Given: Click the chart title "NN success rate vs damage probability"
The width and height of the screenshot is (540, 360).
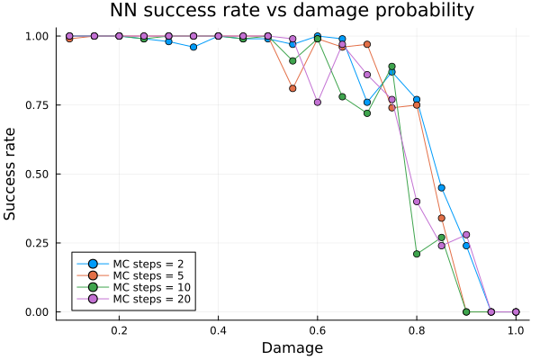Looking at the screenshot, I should click(292, 12).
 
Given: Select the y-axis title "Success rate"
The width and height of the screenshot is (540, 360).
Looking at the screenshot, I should click(11, 174).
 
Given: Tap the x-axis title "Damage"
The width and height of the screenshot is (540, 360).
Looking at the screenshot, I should click(292, 347).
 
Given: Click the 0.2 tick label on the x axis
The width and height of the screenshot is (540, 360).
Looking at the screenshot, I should click(119, 330).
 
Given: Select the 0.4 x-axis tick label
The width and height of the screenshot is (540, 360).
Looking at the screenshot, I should click(218, 330).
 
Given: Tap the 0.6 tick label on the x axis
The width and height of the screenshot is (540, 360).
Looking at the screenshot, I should click(317, 330).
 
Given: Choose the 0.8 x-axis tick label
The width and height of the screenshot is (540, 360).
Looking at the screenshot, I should click(417, 330).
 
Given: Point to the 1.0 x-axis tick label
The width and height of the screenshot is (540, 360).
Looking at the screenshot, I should click(516, 330).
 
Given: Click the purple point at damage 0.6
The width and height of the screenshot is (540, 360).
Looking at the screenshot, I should click(317, 102).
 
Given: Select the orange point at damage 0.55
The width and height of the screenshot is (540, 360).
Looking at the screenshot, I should click(292, 88).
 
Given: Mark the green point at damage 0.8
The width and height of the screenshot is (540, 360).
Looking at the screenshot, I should click(417, 254).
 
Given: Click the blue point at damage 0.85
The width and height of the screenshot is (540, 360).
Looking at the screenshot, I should click(441, 187).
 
